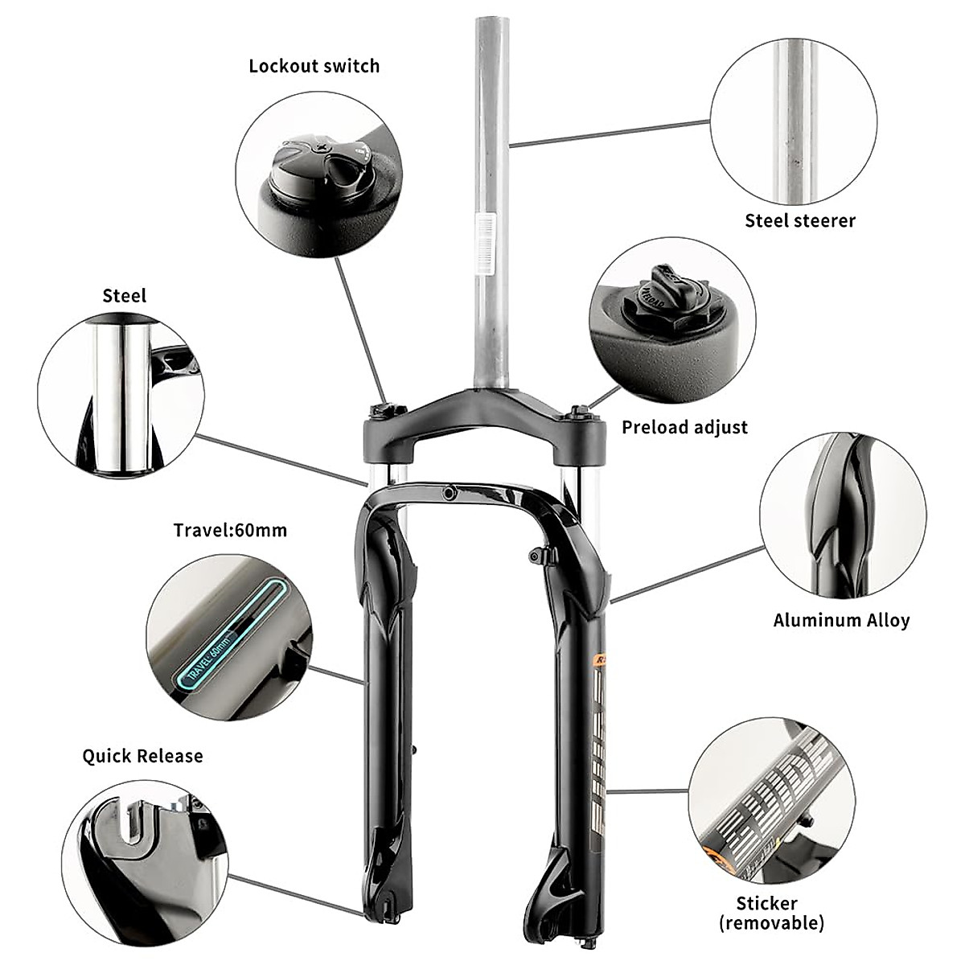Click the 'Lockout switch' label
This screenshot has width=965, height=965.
pyautogui.click(x=314, y=66)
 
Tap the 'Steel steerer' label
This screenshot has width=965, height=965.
pyautogui.click(x=799, y=220)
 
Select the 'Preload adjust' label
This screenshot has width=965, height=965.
pyautogui.click(x=684, y=427)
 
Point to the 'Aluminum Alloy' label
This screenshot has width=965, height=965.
pyautogui.click(x=841, y=620)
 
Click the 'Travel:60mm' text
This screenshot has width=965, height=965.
pyautogui.click(x=230, y=530)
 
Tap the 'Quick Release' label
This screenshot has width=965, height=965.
pyautogui.click(x=142, y=756)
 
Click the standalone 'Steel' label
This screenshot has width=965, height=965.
pyautogui.click(x=125, y=296)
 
